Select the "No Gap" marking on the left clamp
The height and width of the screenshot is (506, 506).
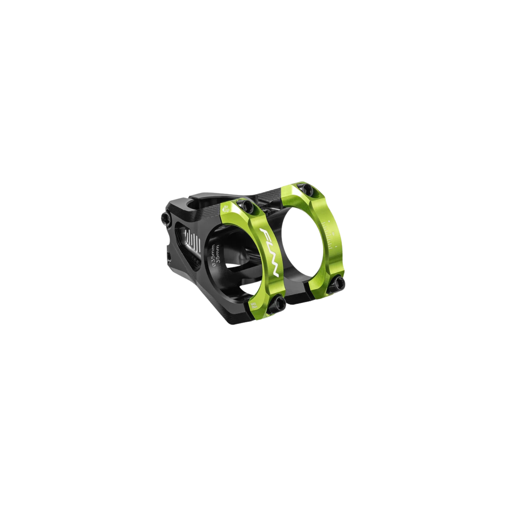226,208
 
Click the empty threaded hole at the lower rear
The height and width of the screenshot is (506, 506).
169,255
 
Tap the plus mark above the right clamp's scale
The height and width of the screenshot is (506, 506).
328,222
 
